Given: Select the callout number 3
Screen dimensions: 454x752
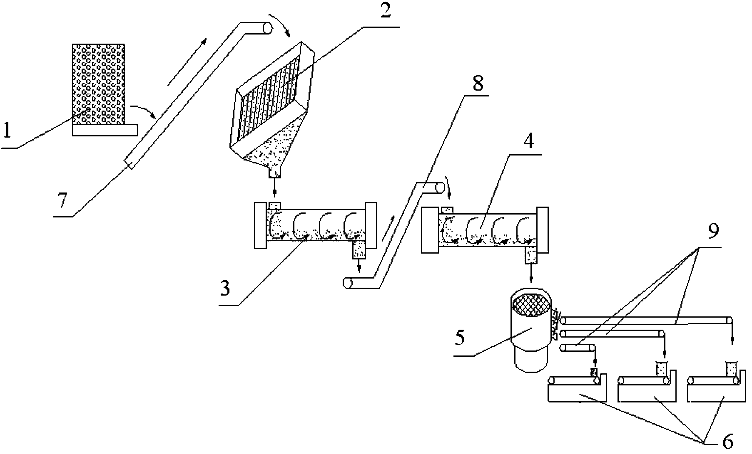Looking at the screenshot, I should point(225,288).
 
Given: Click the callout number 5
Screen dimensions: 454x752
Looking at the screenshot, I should point(460,338).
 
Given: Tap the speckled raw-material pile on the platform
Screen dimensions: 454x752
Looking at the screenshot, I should point(98,84).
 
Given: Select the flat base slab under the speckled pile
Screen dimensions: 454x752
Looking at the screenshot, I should point(105,130).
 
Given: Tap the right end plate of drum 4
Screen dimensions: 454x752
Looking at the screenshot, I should point(542,229).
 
